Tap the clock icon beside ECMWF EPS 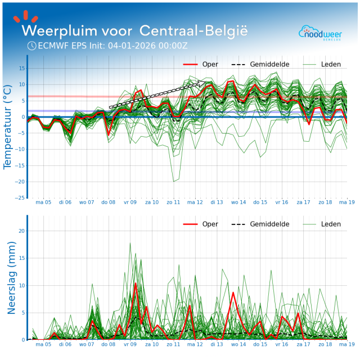31,46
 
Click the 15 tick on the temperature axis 21,68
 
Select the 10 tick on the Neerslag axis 21,285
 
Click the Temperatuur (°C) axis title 8,127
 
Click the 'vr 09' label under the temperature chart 130,202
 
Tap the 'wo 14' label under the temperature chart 238,202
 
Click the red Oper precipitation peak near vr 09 136,283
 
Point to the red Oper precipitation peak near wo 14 233,292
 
